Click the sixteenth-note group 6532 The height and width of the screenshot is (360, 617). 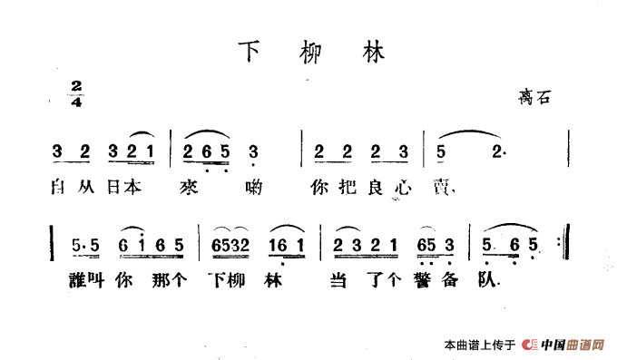coord(230,246)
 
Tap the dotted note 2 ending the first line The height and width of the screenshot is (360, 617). coord(497,151)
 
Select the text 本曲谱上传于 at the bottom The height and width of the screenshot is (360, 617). coord(479,345)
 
